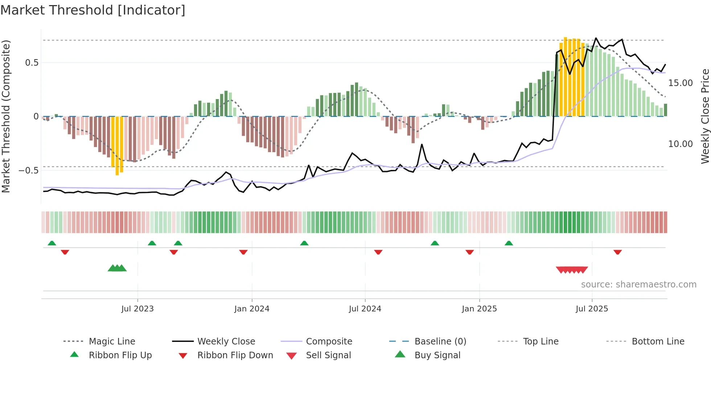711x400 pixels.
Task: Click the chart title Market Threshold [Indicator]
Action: pos(93,10)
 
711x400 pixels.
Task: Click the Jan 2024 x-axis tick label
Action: pos(252,309)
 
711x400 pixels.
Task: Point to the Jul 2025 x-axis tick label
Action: pos(592,309)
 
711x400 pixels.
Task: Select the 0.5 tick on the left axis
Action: pos(32,62)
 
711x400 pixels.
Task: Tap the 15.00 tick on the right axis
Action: pos(680,83)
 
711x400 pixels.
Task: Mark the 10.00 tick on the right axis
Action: pos(680,144)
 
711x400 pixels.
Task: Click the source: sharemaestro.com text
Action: pos(638,284)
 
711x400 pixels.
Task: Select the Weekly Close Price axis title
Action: pos(704,116)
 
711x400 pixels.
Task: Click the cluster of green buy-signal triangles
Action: pos(117,268)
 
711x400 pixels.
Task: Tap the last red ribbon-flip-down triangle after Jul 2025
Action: pos(617,252)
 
